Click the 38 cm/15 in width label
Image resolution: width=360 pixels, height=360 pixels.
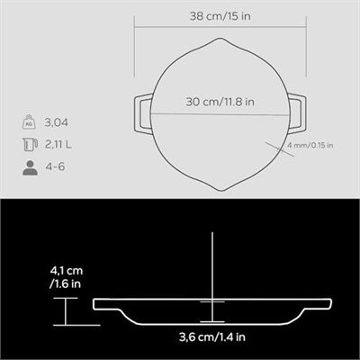220,16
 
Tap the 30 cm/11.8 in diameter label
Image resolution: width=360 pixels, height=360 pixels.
220,102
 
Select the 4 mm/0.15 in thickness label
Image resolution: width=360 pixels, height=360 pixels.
310,146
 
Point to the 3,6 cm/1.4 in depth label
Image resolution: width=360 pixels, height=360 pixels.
212,337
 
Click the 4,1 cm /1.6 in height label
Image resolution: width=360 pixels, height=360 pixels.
66,277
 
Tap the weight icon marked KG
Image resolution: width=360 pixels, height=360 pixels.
29,121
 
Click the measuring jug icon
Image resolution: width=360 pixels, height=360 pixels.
30,144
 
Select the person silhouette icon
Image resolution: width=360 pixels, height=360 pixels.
30,167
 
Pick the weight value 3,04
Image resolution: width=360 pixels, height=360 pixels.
56,122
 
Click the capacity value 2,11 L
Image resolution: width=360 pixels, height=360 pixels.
58,145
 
